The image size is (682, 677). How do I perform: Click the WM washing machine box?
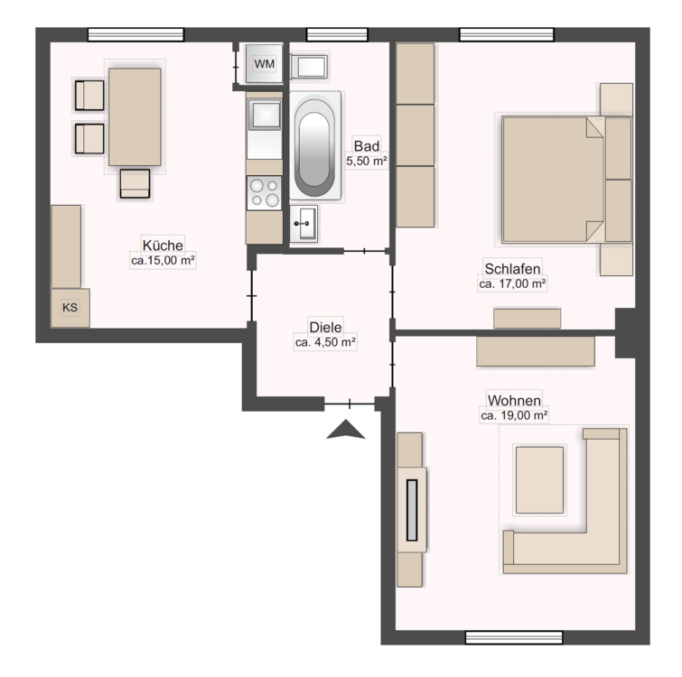[264, 63]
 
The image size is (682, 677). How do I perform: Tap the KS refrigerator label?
[70, 308]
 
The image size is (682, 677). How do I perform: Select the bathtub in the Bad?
[315, 145]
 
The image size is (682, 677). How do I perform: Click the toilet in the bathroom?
[308, 67]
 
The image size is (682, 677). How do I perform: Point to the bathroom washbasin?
[304, 224]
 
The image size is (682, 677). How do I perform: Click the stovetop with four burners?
[265, 193]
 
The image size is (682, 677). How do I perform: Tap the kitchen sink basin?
[264, 114]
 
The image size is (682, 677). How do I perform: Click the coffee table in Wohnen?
[539, 480]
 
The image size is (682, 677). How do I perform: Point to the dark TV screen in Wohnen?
[412, 510]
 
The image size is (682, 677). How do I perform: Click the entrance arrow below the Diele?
[346, 430]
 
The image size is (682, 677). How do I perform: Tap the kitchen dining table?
[135, 116]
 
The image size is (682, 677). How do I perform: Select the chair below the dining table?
[135, 183]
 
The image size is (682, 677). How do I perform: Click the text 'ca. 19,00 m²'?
[514, 415]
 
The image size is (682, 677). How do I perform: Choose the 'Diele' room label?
[325, 327]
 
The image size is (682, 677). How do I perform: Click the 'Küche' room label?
[163, 246]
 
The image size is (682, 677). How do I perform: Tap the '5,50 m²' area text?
[367, 161]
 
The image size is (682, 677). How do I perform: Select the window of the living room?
[514, 637]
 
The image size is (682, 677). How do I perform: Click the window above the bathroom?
[337, 35]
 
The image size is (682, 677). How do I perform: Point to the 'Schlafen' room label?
[512, 268]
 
